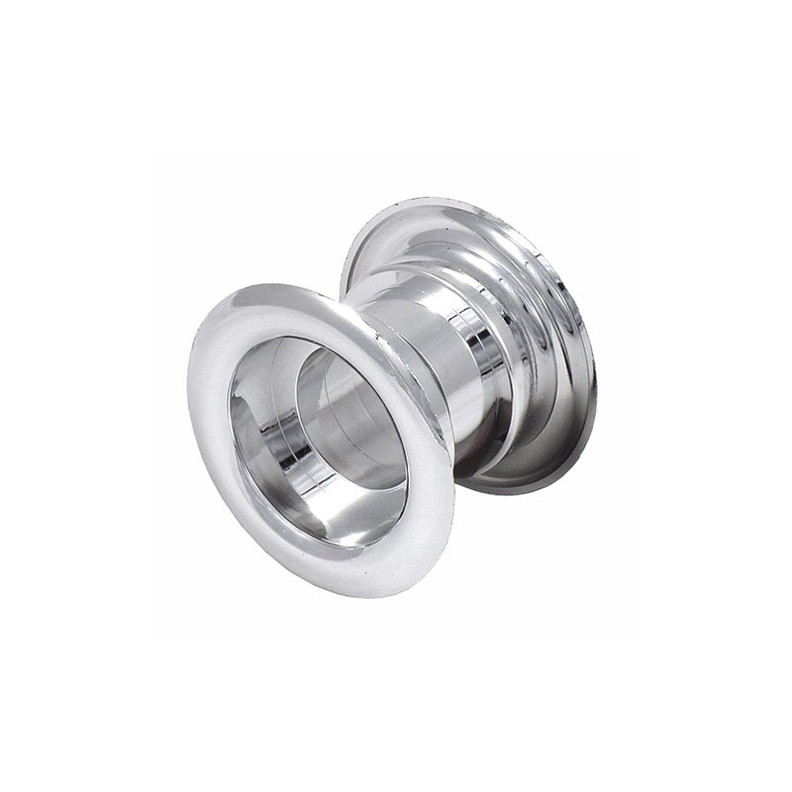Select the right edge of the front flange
click(453, 465)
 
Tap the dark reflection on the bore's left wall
click(252, 436)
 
